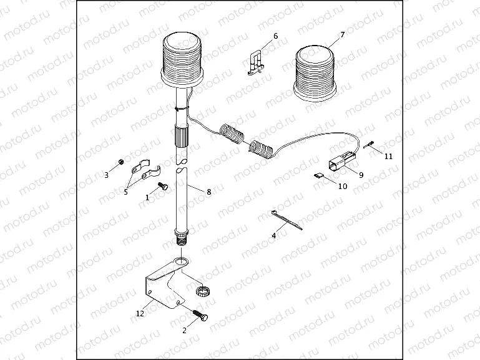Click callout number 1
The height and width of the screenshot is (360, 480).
(x=147, y=197)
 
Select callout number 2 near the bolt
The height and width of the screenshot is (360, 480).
(x=184, y=331)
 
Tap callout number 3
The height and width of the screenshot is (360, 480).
(x=106, y=175)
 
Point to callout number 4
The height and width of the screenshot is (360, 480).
(x=273, y=236)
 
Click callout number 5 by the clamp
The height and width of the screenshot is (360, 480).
(x=125, y=192)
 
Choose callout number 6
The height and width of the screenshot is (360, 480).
(x=275, y=36)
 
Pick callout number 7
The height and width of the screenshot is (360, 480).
(x=342, y=35)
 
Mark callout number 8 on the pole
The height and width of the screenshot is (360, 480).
(x=208, y=192)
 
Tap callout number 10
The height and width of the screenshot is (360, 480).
(x=343, y=186)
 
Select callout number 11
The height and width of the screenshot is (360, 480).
(x=388, y=156)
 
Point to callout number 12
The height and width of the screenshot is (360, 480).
(x=140, y=313)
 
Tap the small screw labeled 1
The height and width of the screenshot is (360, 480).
(x=164, y=185)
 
